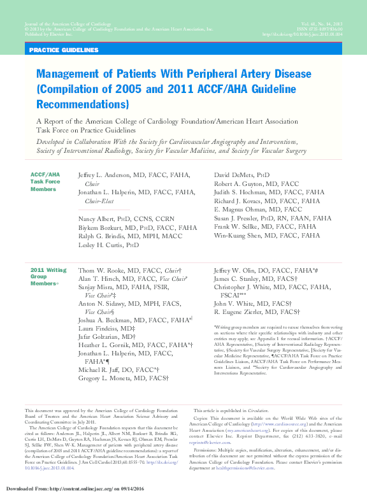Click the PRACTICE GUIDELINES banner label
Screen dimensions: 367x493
(x=64, y=50)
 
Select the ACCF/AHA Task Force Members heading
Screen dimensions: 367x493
(x=45, y=181)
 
